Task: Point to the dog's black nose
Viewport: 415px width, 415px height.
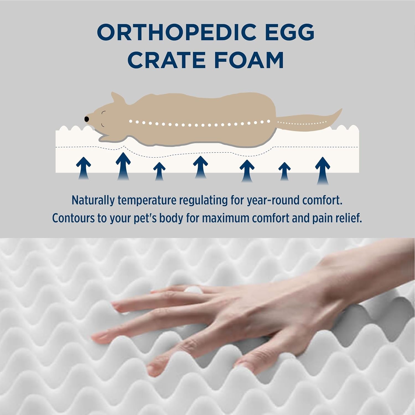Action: (87, 119)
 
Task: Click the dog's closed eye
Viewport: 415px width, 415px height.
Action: (104, 112)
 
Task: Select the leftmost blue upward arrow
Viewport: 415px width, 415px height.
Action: (84, 167)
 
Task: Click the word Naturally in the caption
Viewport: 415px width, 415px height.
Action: (93, 200)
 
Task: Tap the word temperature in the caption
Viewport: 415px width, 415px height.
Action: (147, 200)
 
